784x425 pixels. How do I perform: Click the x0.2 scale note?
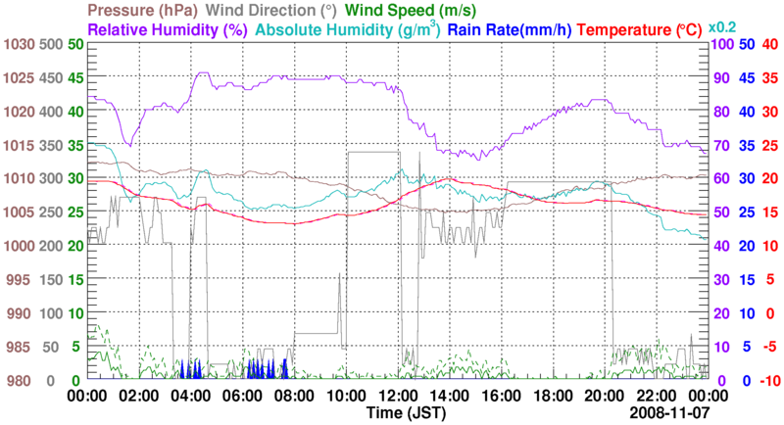point(723,26)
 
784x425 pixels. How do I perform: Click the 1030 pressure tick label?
point(19,44)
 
